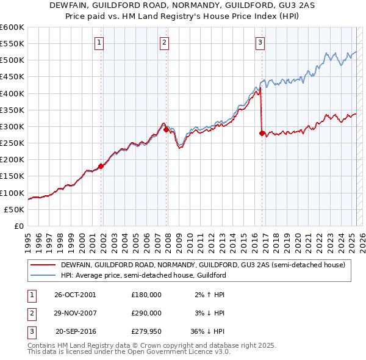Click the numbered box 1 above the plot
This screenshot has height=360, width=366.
tap(99, 42)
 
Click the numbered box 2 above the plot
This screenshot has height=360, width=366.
tap(165, 42)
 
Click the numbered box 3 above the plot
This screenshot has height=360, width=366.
tap(260, 42)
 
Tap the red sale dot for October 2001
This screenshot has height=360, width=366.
tap(101, 167)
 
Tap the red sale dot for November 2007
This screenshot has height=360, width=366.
tap(166, 130)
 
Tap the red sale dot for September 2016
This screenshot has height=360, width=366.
tap(262, 133)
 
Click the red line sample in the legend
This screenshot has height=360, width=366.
tap(43, 265)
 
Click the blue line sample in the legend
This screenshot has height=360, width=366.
tap(43, 275)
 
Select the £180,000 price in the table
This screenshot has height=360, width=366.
tap(146, 294)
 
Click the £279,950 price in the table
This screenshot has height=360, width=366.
tap(146, 332)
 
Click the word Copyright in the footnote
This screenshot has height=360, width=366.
tap(165, 345)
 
